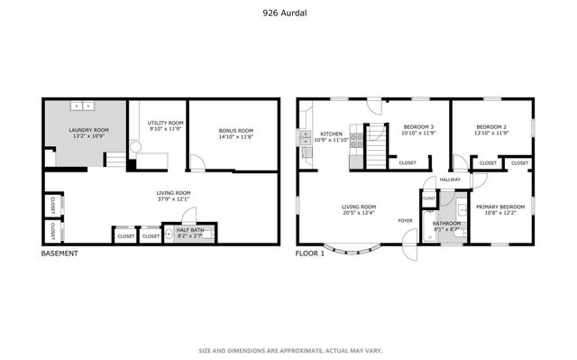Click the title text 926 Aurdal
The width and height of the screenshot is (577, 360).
point(288,14)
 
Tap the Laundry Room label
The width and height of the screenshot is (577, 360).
point(89,131)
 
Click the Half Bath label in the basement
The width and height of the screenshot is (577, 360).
point(189,229)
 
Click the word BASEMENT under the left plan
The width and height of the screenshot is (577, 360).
point(60,254)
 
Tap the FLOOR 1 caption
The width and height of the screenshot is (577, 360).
point(309,254)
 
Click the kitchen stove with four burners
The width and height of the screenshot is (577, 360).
point(356,139)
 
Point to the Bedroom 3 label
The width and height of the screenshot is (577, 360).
point(418,126)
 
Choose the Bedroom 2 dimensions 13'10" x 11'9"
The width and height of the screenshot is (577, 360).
point(491,134)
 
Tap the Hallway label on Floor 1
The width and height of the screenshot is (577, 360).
point(450,180)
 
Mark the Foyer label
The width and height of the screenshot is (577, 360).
point(407,219)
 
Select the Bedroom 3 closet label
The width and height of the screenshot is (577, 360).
point(407,162)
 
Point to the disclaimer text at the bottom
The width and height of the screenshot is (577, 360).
point(289,350)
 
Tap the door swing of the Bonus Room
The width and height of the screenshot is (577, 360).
point(197,163)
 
